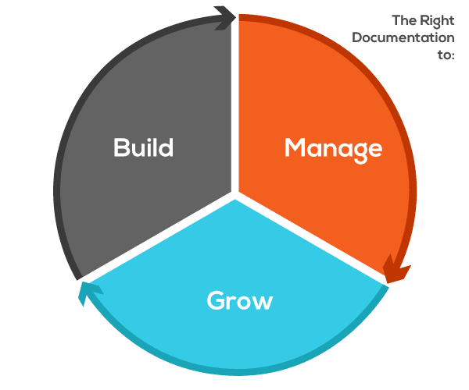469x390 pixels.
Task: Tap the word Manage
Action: tap(333, 147)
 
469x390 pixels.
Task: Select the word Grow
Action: tap(239, 300)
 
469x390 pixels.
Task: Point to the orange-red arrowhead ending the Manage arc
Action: tap(396, 271)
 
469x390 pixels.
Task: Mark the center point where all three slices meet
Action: tap(236, 195)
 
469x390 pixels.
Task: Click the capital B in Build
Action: tap(121, 147)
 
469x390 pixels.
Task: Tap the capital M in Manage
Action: tap(295, 147)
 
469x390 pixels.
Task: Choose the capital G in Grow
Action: tap(216, 300)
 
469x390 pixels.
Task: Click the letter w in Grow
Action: tap(263, 302)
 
